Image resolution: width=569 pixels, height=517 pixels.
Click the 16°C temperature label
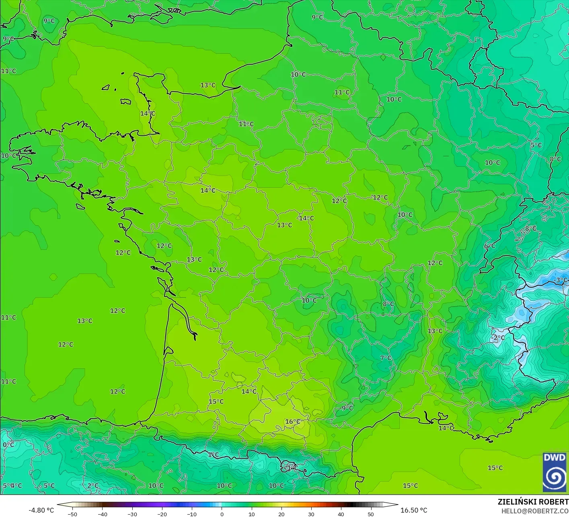point(293,421)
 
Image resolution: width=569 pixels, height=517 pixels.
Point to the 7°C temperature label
point(386,358)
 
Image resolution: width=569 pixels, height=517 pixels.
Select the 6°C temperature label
point(490,246)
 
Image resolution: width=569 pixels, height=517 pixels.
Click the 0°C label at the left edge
point(8,445)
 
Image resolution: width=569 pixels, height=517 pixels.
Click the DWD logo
point(555,472)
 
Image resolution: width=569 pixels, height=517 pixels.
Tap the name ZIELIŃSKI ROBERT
point(533,502)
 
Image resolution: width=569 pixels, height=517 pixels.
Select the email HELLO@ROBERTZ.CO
point(535,511)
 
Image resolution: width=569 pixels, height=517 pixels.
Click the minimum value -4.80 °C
point(41,510)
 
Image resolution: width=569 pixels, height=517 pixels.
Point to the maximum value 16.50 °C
point(414,510)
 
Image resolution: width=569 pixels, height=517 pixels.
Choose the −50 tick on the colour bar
point(72,514)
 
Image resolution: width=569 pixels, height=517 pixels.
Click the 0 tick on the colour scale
point(222,514)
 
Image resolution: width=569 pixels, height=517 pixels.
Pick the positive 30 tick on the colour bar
point(311,514)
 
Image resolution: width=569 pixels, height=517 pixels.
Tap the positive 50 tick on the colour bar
point(371,514)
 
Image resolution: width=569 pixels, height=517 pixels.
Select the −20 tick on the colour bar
point(162,514)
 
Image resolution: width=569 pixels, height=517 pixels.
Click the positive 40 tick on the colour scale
point(341,514)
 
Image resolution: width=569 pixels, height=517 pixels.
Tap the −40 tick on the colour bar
point(102,514)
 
